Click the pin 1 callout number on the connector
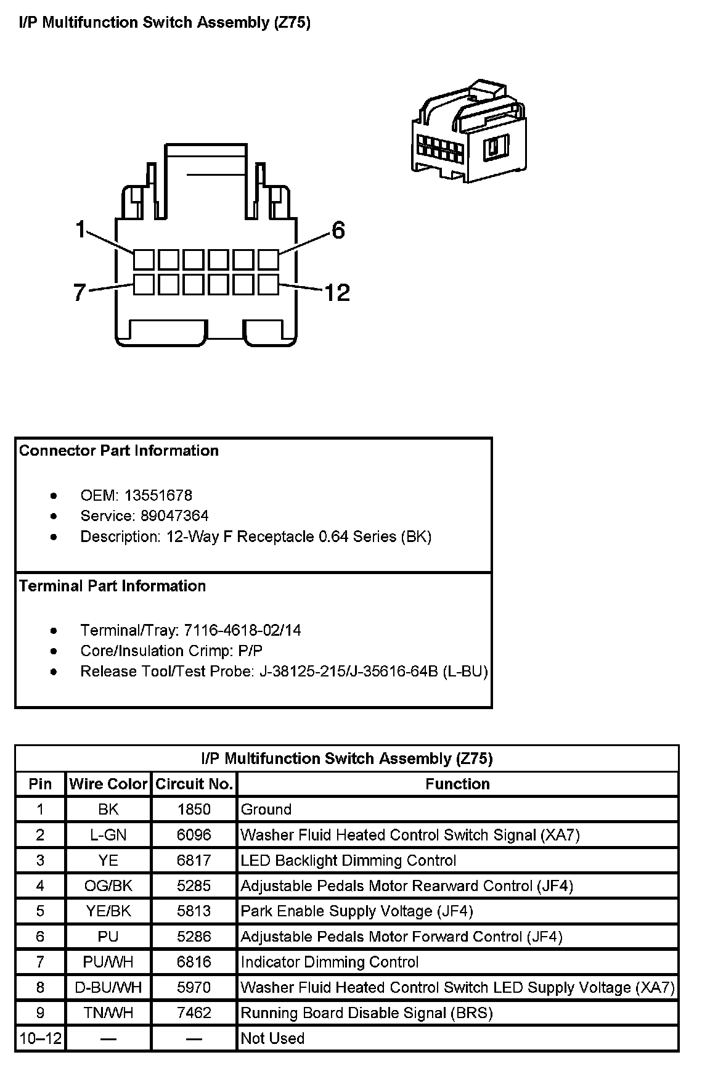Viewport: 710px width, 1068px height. (80, 230)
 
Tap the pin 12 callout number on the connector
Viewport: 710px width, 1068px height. (337, 292)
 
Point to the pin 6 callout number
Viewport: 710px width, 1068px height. (338, 231)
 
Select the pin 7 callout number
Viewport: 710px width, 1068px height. (79, 292)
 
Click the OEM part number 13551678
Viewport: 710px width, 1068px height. (158, 496)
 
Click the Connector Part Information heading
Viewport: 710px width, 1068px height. (119, 451)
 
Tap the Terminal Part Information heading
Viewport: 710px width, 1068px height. (113, 586)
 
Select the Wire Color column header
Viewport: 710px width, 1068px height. (108, 784)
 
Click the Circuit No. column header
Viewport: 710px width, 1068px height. (194, 784)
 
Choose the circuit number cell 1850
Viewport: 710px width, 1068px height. (194, 810)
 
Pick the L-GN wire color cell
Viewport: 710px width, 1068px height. (108, 835)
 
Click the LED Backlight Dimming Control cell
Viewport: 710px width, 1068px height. (348, 861)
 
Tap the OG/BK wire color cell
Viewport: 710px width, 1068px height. (108, 886)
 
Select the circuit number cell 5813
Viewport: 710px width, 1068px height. (194, 911)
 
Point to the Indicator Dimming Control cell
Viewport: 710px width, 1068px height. (330, 963)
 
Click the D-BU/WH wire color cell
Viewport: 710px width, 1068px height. (108, 988)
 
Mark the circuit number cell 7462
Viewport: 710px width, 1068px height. (194, 1013)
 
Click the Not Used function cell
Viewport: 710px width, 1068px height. (272, 1039)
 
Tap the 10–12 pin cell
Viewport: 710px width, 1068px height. (40, 1039)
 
